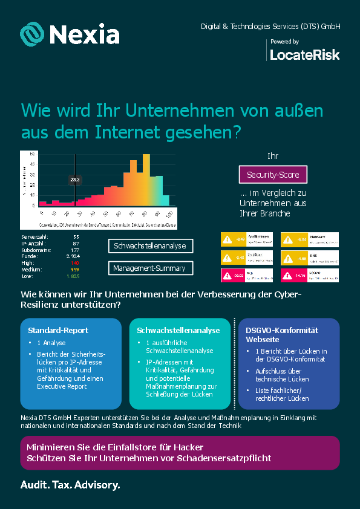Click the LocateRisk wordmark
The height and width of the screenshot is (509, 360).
pyautogui.click(x=304, y=55)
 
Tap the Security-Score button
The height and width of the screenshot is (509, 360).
pyautogui.click(x=273, y=175)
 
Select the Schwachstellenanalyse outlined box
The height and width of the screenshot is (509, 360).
pyautogui.click(x=151, y=246)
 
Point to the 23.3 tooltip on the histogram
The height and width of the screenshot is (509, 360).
pyautogui.click(x=75, y=180)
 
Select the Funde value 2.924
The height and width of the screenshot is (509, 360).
pyautogui.click(x=73, y=256)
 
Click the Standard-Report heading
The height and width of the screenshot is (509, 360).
pyautogui.click(x=58, y=331)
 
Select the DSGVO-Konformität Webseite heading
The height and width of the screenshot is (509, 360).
pyautogui.click(x=282, y=335)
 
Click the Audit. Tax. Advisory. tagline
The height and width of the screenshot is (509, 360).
pyautogui.click(x=70, y=485)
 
